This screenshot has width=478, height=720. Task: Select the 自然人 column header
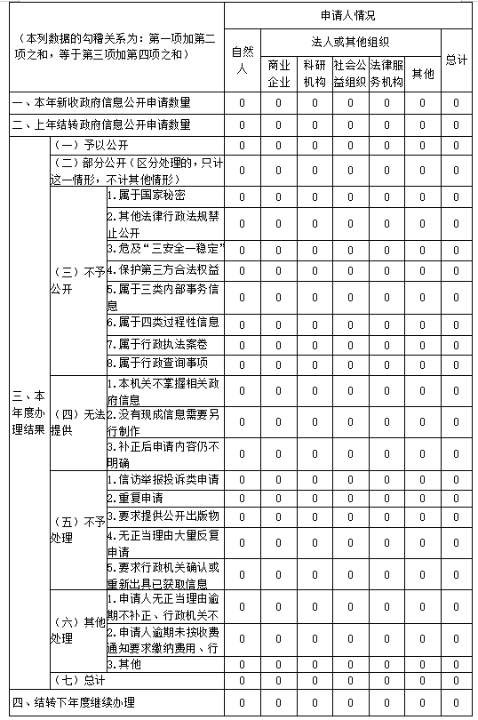[242, 60]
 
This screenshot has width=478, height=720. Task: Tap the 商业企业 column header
[277, 74]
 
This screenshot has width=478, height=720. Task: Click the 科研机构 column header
[314, 74]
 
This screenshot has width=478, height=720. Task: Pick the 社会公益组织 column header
[350, 74]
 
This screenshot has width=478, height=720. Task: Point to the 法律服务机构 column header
[386, 74]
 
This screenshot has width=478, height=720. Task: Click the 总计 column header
[456, 60]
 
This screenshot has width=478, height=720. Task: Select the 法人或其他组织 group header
[350, 41]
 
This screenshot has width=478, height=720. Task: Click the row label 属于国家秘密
[146, 196]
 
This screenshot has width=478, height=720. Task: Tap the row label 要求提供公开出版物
[163, 516]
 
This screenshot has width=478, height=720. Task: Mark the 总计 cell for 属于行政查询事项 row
[456, 363]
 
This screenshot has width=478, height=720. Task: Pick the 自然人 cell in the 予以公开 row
[242, 145]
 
